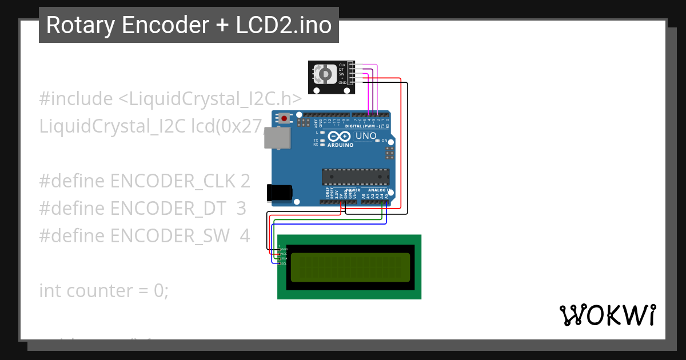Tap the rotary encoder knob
click(x=325, y=74)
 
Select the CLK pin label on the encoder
click(x=342, y=65)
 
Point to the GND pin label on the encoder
click(x=342, y=83)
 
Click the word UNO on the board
click(x=366, y=136)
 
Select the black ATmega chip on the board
click(x=355, y=177)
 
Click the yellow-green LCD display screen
click(x=350, y=267)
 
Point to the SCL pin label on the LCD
click(x=283, y=263)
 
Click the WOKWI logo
click(x=607, y=315)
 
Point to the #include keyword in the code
click(x=76, y=99)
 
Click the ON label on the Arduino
click(x=385, y=140)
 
